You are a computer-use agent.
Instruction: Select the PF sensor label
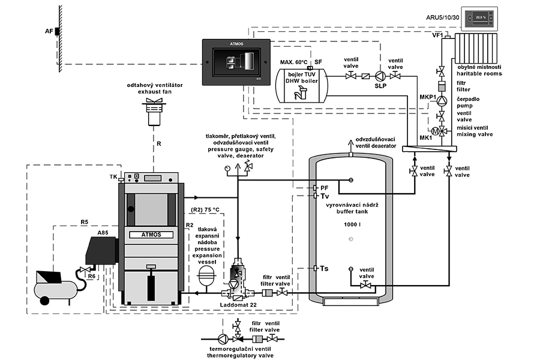click(x=325, y=188)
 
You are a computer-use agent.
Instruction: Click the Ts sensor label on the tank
click(x=324, y=269)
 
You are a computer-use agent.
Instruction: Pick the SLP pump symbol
click(x=380, y=76)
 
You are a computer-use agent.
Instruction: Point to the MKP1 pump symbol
click(x=442, y=100)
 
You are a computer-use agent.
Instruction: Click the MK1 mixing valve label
click(x=425, y=139)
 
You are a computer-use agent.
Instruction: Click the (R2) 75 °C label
click(x=206, y=209)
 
